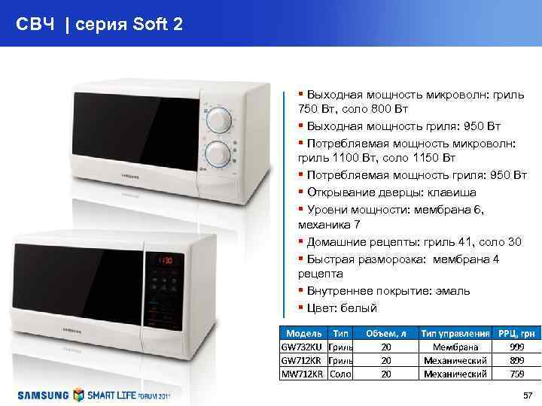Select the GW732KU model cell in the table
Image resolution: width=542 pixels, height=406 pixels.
(x=302, y=347)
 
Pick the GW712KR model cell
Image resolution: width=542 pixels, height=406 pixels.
(x=302, y=360)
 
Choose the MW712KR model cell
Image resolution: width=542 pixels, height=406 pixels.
(x=302, y=373)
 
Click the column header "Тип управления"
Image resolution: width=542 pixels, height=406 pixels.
(x=454, y=333)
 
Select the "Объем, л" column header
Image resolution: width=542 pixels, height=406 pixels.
(x=385, y=333)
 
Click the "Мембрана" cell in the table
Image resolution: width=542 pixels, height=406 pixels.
(x=454, y=347)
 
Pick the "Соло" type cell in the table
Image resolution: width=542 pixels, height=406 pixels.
(x=341, y=373)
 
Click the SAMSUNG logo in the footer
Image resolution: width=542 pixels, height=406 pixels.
(x=44, y=394)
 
